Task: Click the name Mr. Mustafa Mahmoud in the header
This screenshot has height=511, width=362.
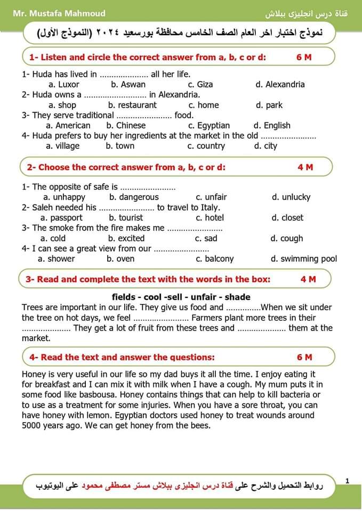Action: pos(59,13)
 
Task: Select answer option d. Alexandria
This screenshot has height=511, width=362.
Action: pos(280,84)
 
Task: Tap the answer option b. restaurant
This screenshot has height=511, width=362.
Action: pos(133,105)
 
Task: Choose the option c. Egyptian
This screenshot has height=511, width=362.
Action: pos(209,126)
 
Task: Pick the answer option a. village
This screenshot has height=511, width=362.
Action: pos(62,146)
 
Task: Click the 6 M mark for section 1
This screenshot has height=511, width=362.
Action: pos(304,57)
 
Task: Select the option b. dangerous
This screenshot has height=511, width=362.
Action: pos(134,197)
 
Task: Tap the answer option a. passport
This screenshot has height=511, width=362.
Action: pos(62,218)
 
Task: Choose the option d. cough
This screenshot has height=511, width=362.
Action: pos(287,238)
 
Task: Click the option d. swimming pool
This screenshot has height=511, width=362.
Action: pos(304,259)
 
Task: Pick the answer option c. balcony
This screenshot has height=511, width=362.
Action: pos(215,259)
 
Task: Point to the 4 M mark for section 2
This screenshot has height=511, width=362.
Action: pos(305,167)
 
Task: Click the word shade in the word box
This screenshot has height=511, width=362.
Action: pos(238,297)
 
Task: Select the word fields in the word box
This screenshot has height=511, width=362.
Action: pos(124,297)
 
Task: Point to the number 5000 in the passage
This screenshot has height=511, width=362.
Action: pos(32,425)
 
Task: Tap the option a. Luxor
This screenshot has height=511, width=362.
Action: pos(63,84)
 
